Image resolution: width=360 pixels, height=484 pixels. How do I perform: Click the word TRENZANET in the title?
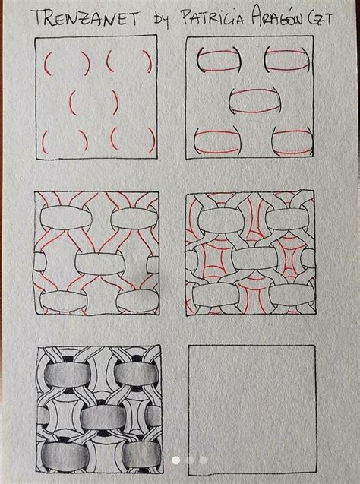click(x=87, y=18)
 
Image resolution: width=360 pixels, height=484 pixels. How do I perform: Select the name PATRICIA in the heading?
click(x=213, y=17)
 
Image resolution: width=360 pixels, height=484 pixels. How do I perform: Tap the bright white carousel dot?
click(x=176, y=460)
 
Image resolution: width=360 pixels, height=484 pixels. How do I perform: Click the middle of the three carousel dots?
click(x=190, y=460)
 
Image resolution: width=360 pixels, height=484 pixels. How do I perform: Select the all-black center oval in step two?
click(x=254, y=100)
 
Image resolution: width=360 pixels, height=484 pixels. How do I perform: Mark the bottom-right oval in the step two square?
click(x=292, y=142)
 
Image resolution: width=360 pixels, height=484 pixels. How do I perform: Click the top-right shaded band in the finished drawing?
click(x=137, y=374)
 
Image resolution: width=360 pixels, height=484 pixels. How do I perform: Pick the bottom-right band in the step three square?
click(x=137, y=301)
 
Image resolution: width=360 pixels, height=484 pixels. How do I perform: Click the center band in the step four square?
click(x=255, y=258)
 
